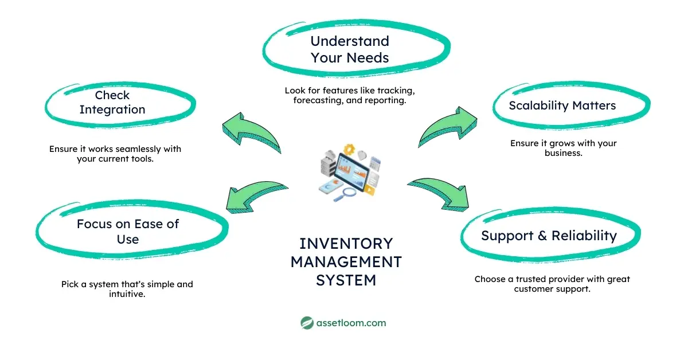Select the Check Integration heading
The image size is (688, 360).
[x=112, y=103]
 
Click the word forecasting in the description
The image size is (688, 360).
[x=312, y=101]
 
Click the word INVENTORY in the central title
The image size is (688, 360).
[x=346, y=243]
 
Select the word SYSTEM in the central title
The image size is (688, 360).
[x=346, y=280]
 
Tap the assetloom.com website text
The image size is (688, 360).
[x=351, y=323]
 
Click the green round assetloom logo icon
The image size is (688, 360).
[x=307, y=323]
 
